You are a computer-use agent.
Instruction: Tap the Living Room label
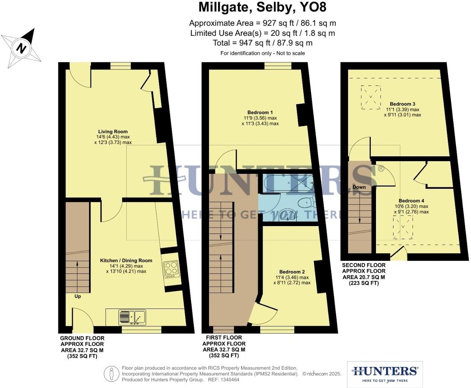point(113,132)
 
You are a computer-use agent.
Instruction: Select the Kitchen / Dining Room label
point(126,260)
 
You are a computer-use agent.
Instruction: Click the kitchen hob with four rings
point(171,269)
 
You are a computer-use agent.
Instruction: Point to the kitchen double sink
point(132,317)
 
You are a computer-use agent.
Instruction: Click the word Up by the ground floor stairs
point(78,297)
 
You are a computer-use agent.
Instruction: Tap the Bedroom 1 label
point(260,113)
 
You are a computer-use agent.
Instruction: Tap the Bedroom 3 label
point(402,104)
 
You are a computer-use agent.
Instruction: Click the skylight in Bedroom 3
point(371,97)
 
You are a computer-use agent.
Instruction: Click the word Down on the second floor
point(359,187)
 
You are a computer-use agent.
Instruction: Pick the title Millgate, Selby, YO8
point(262,7)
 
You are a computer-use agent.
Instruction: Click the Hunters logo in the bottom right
point(385,374)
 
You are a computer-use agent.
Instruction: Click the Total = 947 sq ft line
point(262,43)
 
